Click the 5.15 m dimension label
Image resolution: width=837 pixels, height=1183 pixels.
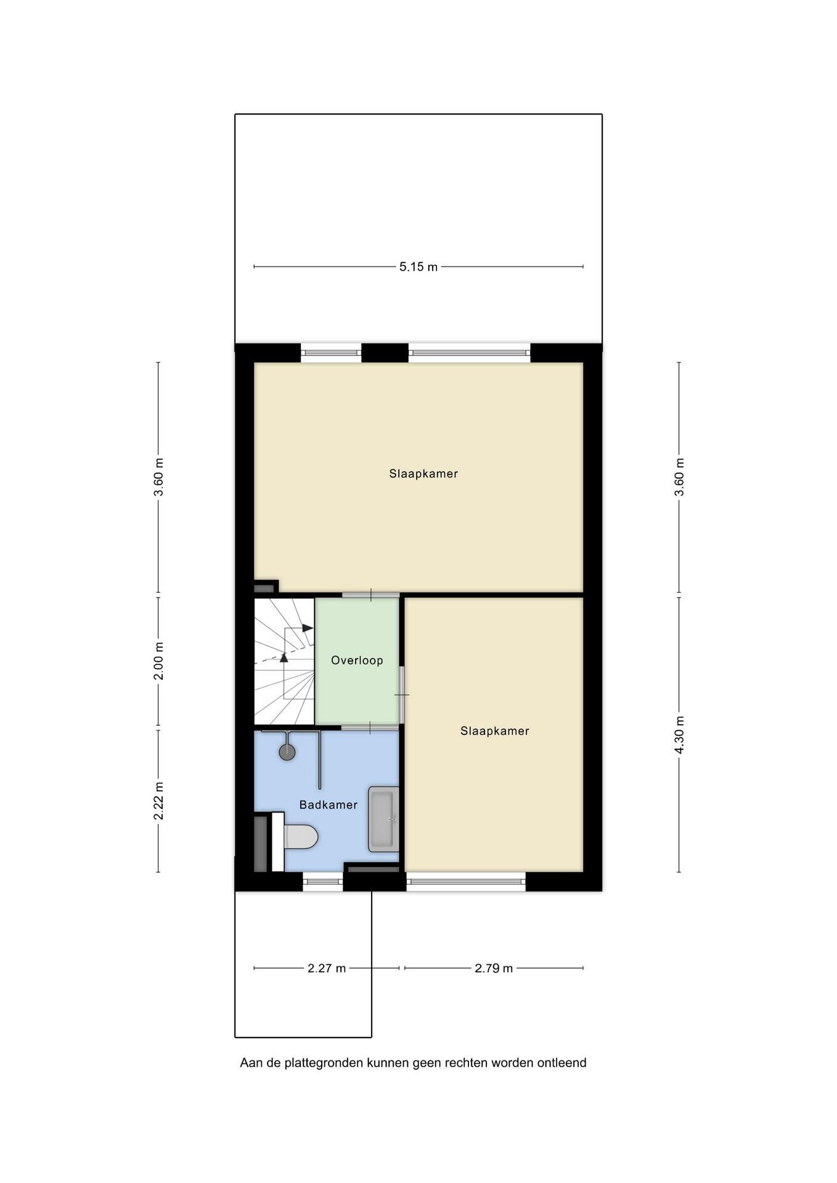pyautogui.click(x=418, y=267)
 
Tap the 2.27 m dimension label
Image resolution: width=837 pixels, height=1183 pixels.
pyautogui.click(x=327, y=968)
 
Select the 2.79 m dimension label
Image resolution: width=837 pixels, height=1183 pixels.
pyautogui.click(x=494, y=968)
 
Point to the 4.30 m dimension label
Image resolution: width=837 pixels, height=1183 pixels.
pyautogui.click(x=679, y=735)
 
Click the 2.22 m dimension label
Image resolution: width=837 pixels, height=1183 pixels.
pyautogui.click(x=158, y=801)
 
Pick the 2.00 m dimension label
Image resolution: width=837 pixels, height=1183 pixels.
pyautogui.click(x=158, y=661)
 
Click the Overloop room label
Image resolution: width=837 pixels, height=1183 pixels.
pyautogui.click(x=357, y=661)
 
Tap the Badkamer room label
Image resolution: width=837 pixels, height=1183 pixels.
pyautogui.click(x=329, y=805)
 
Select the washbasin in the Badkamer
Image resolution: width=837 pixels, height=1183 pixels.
pyautogui.click(x=383, y=819)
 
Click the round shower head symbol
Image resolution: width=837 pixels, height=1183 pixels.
pyautogui.click(x=287, y=752)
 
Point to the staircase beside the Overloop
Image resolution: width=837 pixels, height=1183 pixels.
pyautogui.click(x=285, y=661)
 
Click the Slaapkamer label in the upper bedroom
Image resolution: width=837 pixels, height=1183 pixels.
pyautogui.click(x=423, y=474)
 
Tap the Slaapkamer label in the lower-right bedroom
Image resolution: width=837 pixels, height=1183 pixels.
pyautogui.click(x=495, y=731)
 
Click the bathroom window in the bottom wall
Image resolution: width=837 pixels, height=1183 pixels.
pyautogui.click(x=323, y=882)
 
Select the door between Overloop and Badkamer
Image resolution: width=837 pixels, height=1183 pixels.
pyautogui.click(x=370, y=728)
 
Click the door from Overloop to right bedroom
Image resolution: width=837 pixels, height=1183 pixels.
pyautogui.click(x=402, y=694)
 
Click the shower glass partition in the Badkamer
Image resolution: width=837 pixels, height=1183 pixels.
pyautogui.click(x=319, y=760)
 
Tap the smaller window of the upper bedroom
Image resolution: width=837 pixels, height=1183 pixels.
pyautogui.click(x=331, y=353)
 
